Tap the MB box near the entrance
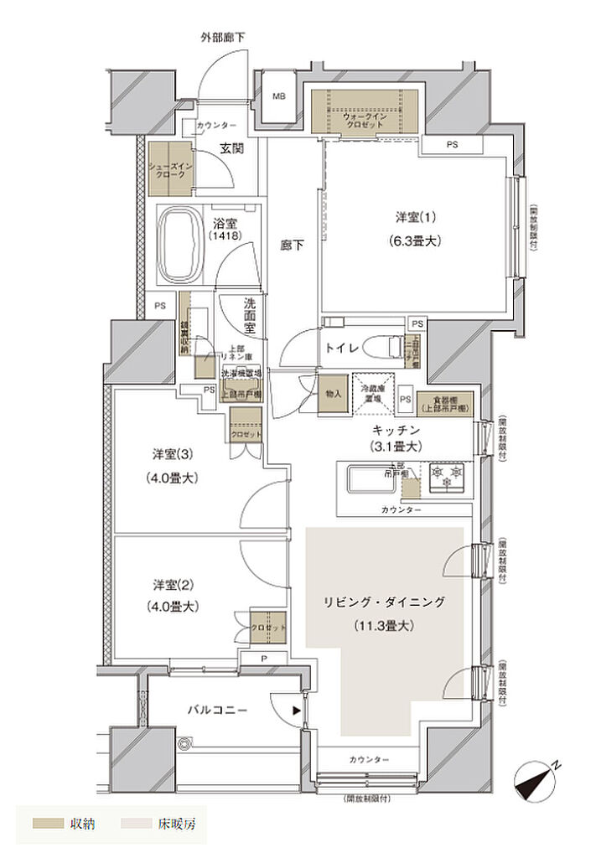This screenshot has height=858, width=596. pos(277,96)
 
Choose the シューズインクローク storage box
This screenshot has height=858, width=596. pos(170,168)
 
